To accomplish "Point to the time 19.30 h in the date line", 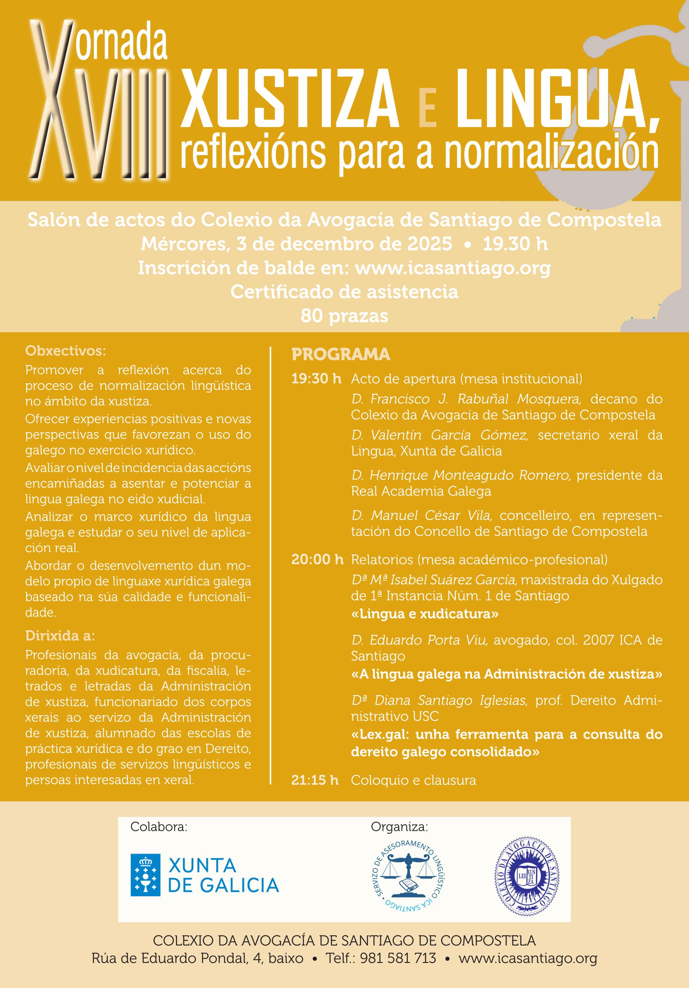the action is pyautogui.click(x=515, y=244).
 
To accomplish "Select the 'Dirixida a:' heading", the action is pyautogui.click(x=60, y=635).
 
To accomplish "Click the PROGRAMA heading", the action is pyautogui.click(x=341, y=354).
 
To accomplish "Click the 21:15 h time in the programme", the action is pyautogui.click(x=315, y=780).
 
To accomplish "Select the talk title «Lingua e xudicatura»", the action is pyautogui.click(x=425, y=614).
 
